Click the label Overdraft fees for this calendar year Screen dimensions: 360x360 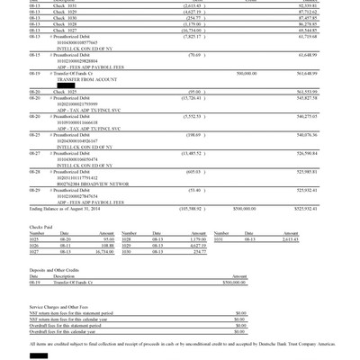click(76, 332)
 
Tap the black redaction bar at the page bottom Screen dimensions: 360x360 click(38, 355)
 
